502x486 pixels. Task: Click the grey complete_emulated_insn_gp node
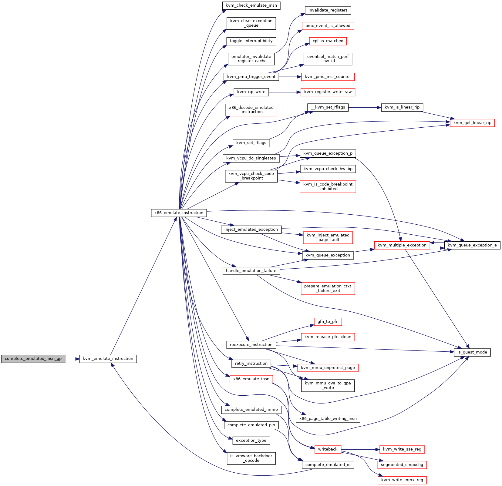click(33, 359)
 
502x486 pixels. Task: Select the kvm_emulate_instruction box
click(108, 359)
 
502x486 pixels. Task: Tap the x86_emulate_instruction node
click(179, 213)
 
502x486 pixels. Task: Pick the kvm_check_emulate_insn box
click(251, 5)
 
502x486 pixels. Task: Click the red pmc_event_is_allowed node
click(328, 26)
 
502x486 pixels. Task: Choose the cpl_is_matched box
click(328, 41)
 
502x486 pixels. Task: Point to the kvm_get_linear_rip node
click(472, 123)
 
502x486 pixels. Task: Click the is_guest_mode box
click(472, 352)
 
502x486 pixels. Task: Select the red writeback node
click(328, 449)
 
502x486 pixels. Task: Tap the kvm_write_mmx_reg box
click(402, 480)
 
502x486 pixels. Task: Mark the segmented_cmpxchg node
click(402, 465)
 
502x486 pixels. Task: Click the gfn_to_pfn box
click(328, 322)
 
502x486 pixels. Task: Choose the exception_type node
click(251, 441)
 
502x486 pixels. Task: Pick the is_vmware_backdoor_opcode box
click(251, 458)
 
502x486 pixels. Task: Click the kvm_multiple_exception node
click(402, 245)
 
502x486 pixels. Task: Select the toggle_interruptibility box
click(251, 41)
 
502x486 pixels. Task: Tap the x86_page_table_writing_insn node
click(328, 419)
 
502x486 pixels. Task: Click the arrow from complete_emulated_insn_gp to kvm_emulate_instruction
click(72, 359)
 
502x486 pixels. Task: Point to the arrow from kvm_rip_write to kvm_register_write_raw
click(285, 92)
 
